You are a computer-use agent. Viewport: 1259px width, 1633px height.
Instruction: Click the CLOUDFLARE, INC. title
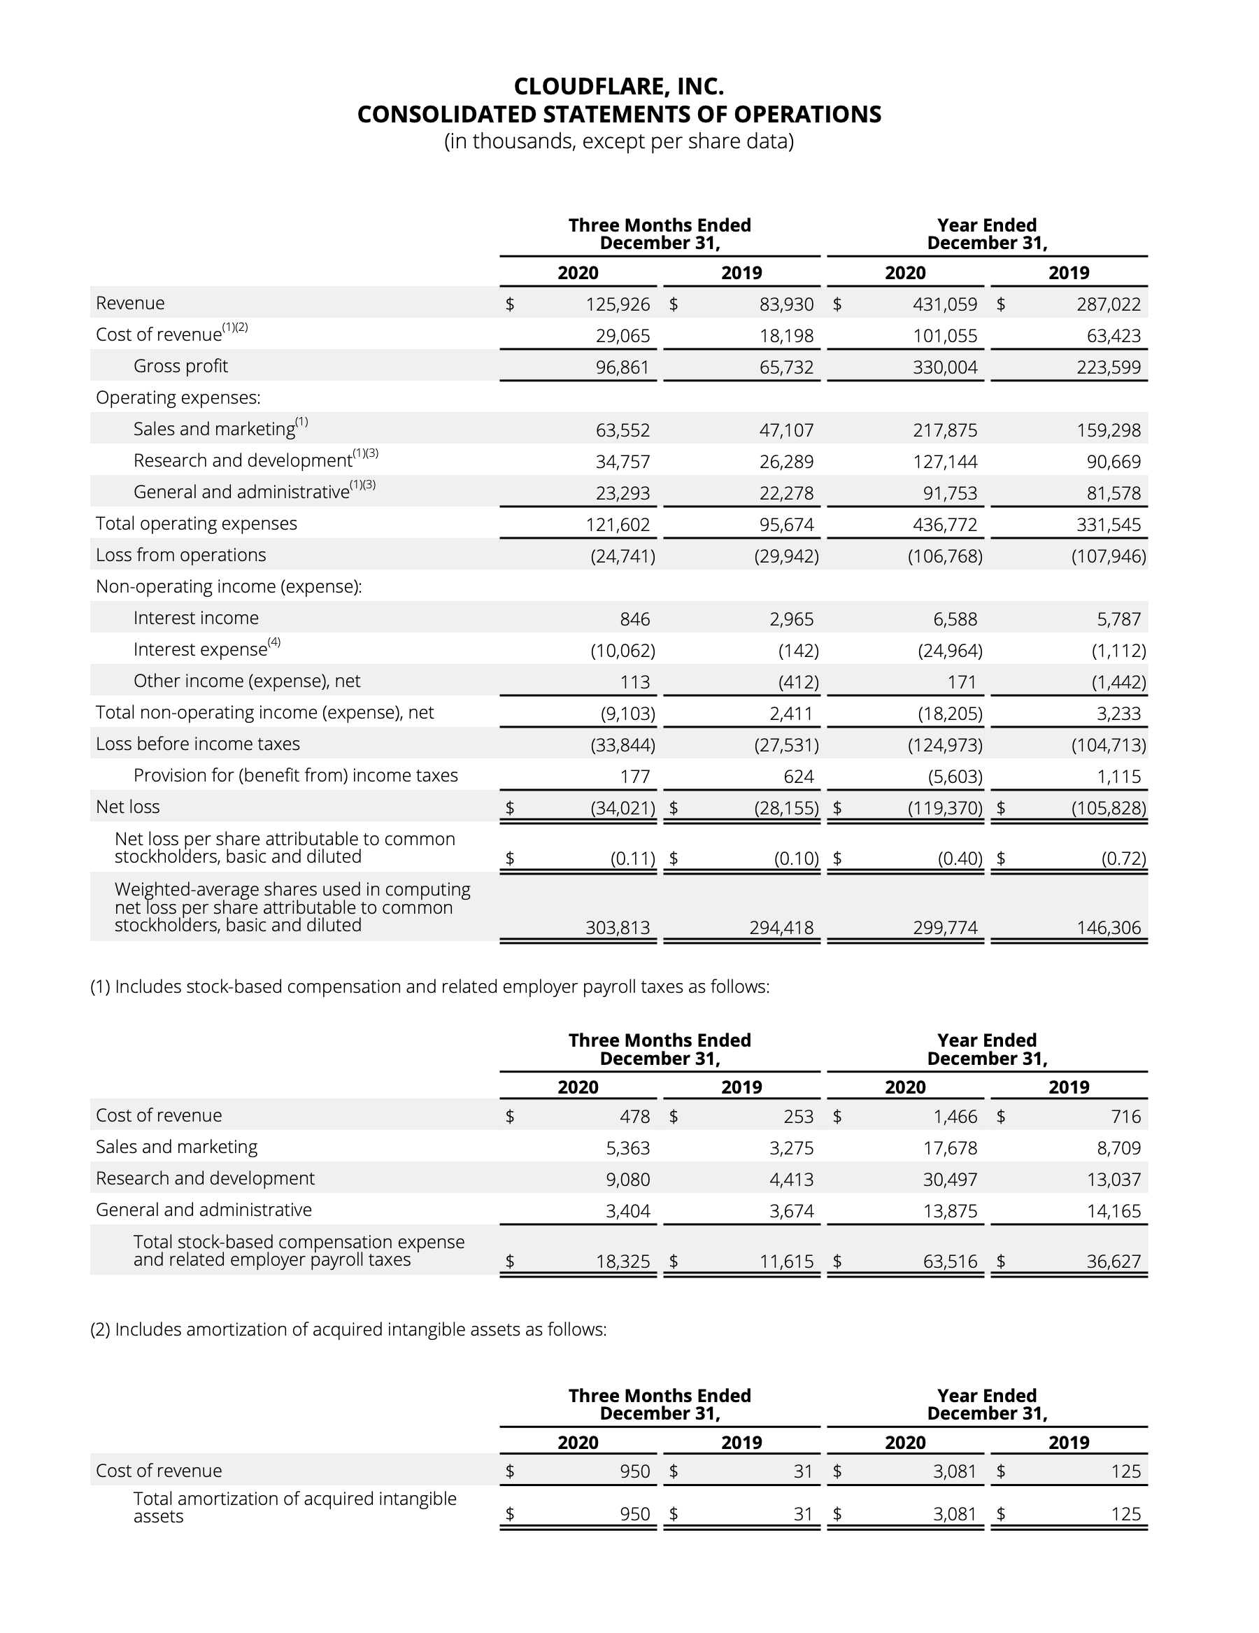[618, 87]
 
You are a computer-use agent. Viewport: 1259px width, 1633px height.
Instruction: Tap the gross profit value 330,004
[944, 367]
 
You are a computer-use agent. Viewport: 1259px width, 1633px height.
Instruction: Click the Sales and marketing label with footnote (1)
[215, 428]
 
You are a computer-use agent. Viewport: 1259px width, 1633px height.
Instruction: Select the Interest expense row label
[200, 649]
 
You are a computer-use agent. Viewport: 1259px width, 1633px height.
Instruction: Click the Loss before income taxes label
[197, 744]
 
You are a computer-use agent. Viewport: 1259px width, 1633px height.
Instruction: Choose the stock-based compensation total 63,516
[949, 1261]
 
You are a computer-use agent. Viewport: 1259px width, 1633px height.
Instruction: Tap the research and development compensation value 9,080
[627, 1179]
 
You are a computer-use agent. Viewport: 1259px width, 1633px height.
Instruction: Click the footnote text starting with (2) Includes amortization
[348, 1329]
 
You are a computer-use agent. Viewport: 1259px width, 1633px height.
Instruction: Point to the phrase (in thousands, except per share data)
[618, 141]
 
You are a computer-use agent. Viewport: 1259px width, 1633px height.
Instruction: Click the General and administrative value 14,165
[1114, 1210]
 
